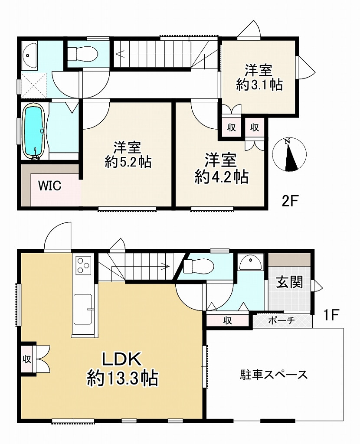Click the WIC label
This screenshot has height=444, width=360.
[x=50, y=186]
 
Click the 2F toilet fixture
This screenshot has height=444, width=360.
[x=82, y=53]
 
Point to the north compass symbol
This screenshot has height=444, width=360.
[x=289, y=155]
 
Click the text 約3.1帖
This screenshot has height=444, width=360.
[x=259, y=85]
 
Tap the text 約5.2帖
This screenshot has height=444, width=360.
[x=128, y=162]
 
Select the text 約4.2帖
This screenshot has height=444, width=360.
[x=221, y=177]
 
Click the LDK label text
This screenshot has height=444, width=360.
[x=121, y=359]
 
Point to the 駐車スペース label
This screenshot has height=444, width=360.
[x=274, y=374]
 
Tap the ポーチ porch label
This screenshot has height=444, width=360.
[x=281, y=320]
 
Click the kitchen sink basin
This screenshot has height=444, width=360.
[x=83, y=309]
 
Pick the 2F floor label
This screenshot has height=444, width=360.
[x=289, y=201]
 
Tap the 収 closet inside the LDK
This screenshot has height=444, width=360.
[x=27, y=359]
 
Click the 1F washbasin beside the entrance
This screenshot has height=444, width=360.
[x=251, y=262]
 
